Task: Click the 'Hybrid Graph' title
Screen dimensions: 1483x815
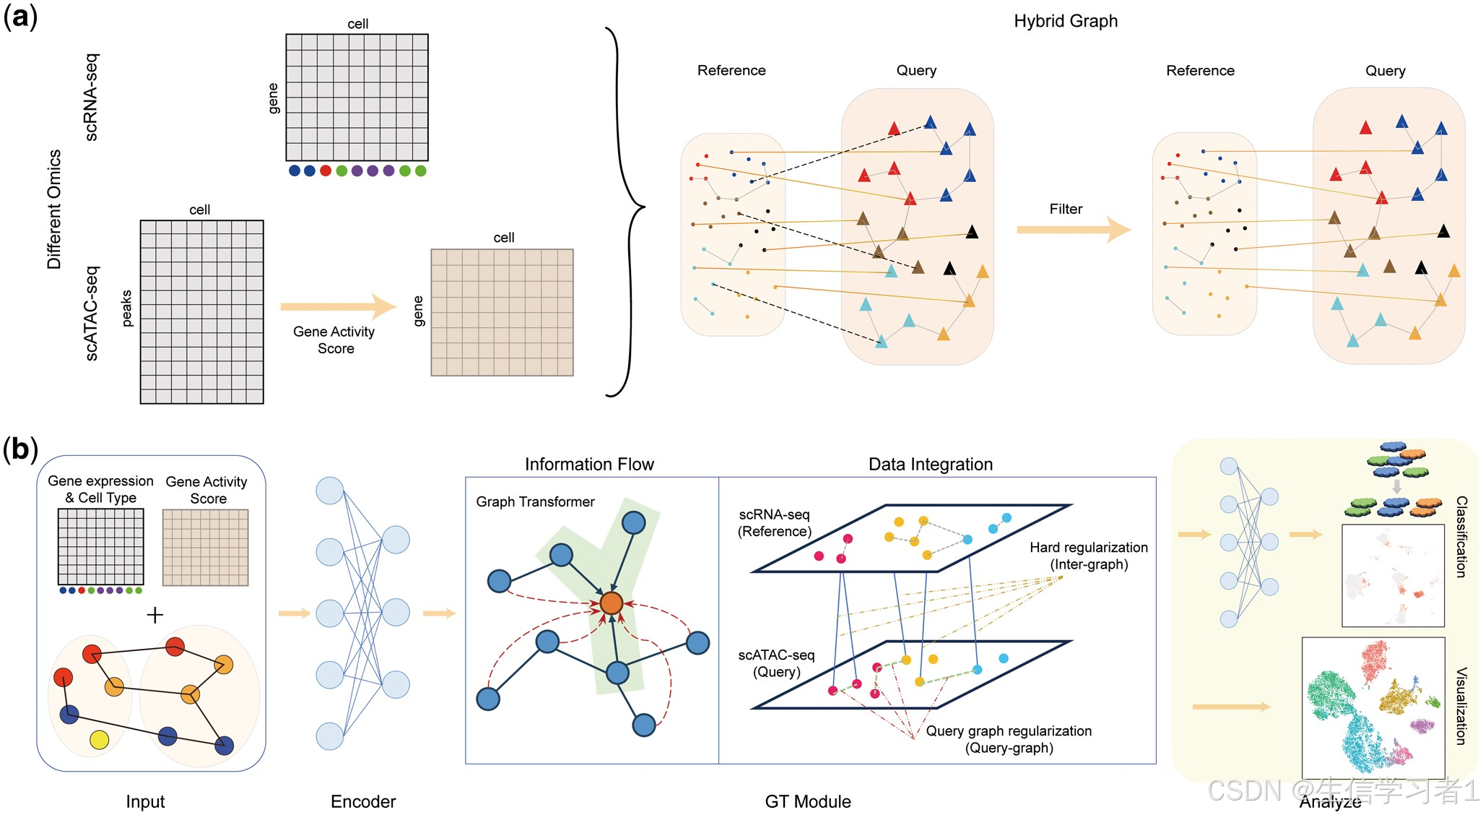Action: [1066, 22]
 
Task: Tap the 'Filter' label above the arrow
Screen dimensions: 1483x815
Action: [1066, 209]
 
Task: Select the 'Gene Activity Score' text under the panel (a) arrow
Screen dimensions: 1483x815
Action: [334, 340]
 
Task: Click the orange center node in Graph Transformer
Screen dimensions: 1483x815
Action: [611, 603]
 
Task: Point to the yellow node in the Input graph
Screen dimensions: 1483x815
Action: [99, 740]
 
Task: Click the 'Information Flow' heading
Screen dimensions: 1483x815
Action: [589, 465]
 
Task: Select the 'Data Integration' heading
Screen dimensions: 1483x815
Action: [931, 465]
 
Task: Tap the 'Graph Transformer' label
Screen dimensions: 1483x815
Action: [535, 501]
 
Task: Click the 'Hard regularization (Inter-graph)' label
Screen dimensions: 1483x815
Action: [1089, 556]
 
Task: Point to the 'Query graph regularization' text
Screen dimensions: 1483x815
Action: [1009, 730]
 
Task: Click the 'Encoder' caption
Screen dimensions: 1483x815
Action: [363, 801]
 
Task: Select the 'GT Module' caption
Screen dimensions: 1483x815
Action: [808, 801]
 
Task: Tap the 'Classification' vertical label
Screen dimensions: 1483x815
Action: [1461, 536]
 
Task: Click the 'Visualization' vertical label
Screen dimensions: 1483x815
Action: [1461, 706]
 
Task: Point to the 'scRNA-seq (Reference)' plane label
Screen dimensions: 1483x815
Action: [775, 522]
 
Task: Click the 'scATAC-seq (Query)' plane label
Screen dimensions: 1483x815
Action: [776, 663]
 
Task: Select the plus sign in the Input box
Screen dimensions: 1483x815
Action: [155, 615]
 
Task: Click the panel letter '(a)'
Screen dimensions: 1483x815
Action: [20, 16]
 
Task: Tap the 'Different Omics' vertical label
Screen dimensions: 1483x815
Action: [54, 210]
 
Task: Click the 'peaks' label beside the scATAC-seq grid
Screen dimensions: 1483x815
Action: [127, 309]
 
